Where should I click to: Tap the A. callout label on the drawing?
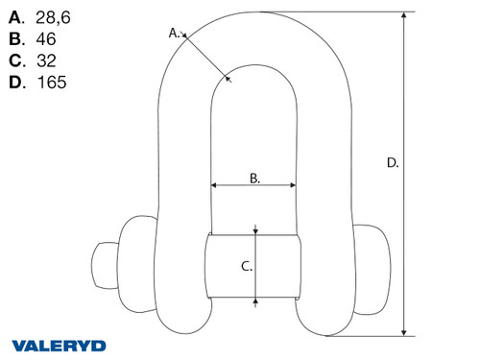tap(175, 33)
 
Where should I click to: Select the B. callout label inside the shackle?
tap(254, 178)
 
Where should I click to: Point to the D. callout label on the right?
tap(392, 163)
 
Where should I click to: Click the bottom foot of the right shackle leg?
tap(323, 322)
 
